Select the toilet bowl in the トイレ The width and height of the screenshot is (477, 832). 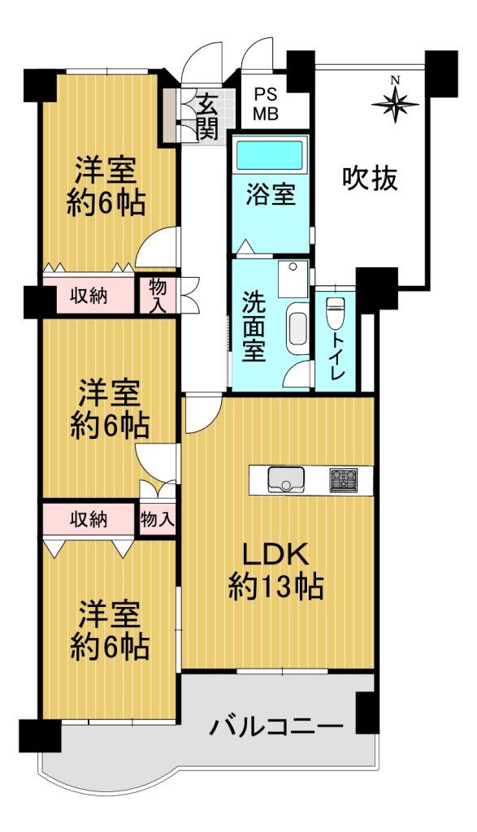335,313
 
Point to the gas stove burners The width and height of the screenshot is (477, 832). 343,479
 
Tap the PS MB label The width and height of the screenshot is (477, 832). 265,105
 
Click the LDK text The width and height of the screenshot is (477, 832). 275,557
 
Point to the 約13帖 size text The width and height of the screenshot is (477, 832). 276,587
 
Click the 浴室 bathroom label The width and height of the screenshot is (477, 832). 270,195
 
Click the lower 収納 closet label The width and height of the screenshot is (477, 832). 89,519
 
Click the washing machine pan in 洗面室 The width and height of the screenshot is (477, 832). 293,279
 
